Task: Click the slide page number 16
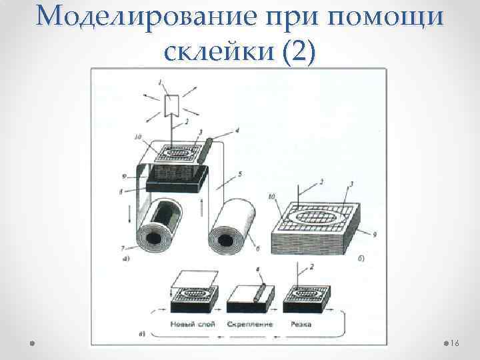455,343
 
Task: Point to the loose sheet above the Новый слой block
194,278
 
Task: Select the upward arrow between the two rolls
201,203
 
